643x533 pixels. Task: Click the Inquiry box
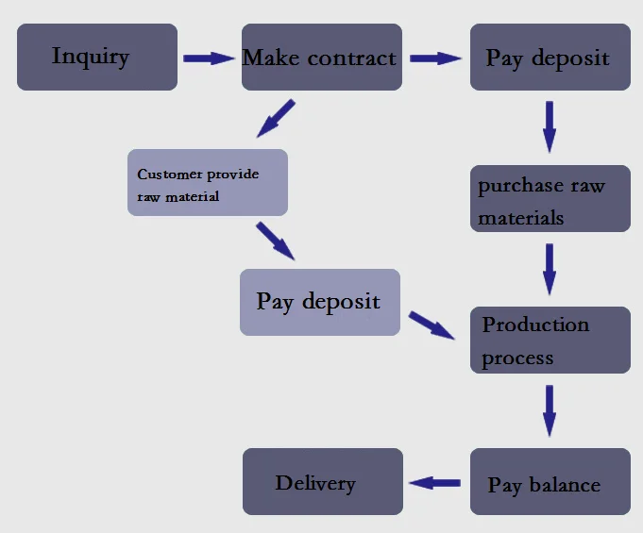(x=97, y=57)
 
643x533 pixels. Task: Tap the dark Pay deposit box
(x=550, y=57)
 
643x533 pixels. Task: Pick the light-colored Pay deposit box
(x=320, y=302)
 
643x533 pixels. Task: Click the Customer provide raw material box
(x=208, y=182)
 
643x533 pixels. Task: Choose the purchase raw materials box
(x=550, y=199)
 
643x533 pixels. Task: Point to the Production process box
(x=550, y=340)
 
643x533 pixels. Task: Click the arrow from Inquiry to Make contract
(x=209, y=58)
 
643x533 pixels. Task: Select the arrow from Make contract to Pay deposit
(x=435, y=58)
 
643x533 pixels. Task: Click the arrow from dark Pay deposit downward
(x=550, y=125)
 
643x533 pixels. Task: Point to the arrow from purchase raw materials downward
(x=550, y=268)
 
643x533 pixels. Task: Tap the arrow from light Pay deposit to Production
(x=431, y=325)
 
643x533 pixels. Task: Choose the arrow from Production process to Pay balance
(x=550, y=410)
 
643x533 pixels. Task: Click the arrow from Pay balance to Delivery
(x=435, y=482)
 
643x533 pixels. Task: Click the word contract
(x=352, y=58)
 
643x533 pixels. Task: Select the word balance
(x=565, y=486)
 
